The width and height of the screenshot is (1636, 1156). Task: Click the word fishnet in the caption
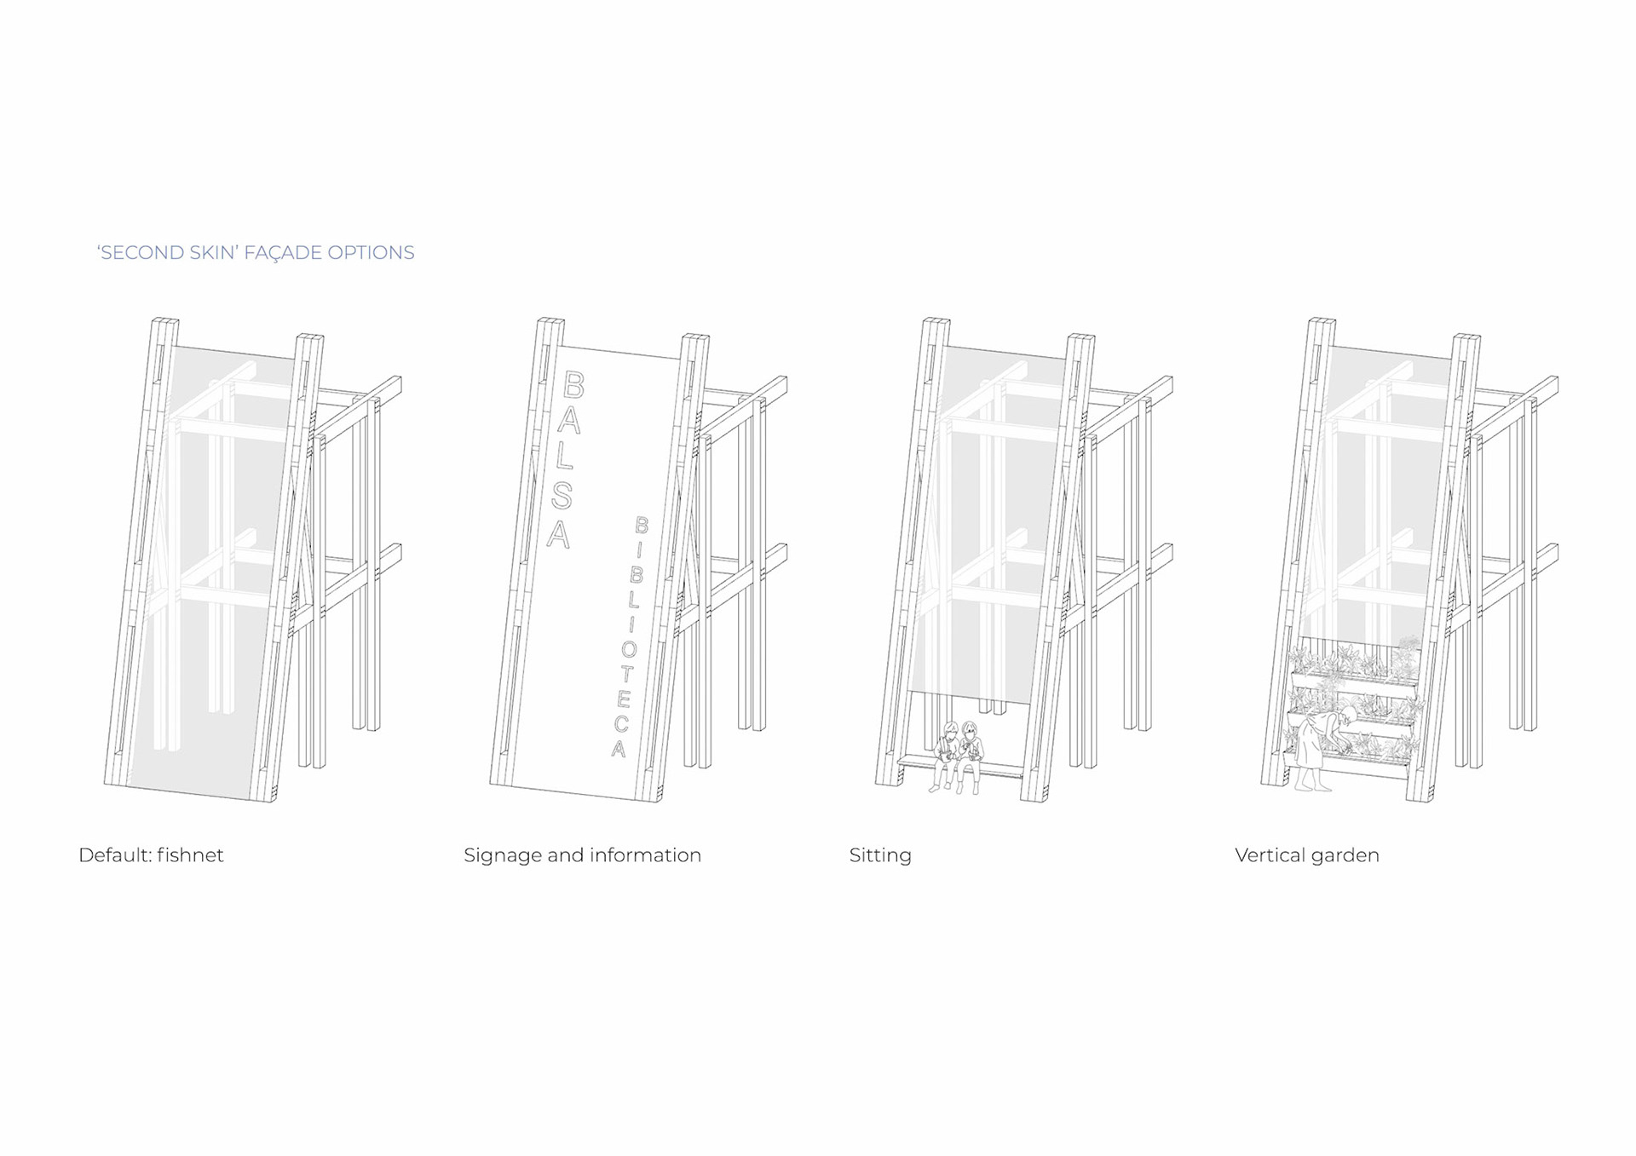(x=190, y=855)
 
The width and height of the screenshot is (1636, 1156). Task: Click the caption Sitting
(x=880, y=856)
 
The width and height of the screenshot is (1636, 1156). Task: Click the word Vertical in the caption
(x=1270, y=855)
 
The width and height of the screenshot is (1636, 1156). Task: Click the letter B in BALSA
(x=573, y=386)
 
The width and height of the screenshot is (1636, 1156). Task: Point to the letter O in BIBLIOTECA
(x=629, y=649)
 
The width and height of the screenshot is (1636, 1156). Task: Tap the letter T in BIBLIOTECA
(x=626, y=674)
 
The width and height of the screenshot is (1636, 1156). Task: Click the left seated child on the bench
(x=946, y=754)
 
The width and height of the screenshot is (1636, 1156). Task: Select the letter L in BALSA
(x=566, y=457)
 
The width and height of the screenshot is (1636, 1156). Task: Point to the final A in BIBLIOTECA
(x=619, y=749)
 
